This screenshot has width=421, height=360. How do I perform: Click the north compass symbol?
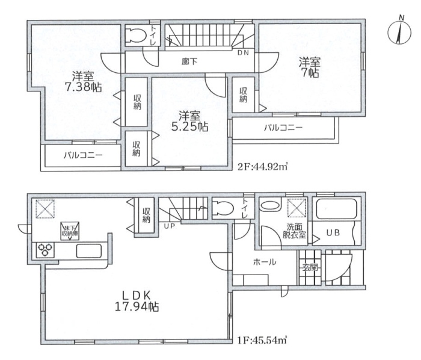[399, 33]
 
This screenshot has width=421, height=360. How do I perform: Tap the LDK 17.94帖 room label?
[137, 301]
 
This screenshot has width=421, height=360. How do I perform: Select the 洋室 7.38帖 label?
[83, 82]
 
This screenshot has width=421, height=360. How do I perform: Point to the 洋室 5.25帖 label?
[189, 121]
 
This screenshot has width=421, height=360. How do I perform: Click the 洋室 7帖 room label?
[310, 67]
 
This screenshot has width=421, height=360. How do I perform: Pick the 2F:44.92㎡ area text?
[263, 167]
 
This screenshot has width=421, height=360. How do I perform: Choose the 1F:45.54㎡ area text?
[262, 341]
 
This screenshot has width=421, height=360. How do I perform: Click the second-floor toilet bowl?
[135, 35]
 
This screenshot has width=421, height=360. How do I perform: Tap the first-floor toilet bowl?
[223, 208]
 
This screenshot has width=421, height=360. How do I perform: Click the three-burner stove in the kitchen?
[45, 250]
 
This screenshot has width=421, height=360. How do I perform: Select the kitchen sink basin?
[89, 250]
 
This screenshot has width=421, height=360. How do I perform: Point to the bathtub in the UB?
[336, 209]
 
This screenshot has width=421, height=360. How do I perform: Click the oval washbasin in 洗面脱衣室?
[270, 206]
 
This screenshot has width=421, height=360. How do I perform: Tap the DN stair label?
[243, 53]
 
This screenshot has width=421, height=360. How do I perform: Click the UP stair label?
[170, 226]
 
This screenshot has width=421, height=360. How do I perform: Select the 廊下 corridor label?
[189, 62]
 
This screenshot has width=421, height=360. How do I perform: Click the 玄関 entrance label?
[310, 267]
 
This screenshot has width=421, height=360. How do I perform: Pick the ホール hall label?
[265, 262]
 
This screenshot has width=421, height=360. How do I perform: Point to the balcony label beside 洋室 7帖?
[283, 128]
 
